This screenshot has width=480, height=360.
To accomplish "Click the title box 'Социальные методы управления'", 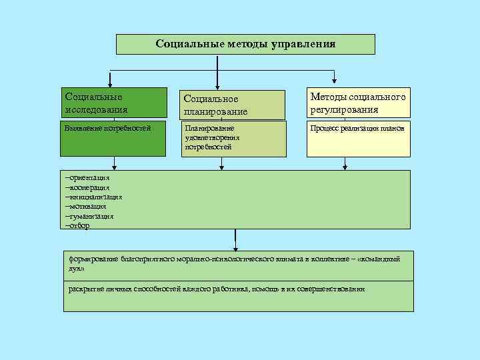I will (245, 44).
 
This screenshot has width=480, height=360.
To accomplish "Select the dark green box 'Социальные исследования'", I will (115, 103).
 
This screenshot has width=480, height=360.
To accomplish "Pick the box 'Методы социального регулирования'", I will (358, 103).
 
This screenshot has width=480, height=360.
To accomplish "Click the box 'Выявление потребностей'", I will (115, 139).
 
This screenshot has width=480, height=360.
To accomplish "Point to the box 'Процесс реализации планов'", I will (358, 139).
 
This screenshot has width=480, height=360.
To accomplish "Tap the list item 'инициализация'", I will (94, 197).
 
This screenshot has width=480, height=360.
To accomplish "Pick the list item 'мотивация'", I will (86, 206).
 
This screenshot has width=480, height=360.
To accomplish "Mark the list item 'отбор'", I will (79, 225).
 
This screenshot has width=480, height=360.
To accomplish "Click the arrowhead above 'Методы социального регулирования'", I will (335, 83).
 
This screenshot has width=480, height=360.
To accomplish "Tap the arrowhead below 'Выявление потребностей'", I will (114, 166).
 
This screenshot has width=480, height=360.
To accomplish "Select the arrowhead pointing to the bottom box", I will (235, 247).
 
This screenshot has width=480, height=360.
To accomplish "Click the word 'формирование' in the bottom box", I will (94, 258).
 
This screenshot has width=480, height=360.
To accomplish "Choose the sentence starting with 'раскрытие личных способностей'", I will (217, 288).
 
